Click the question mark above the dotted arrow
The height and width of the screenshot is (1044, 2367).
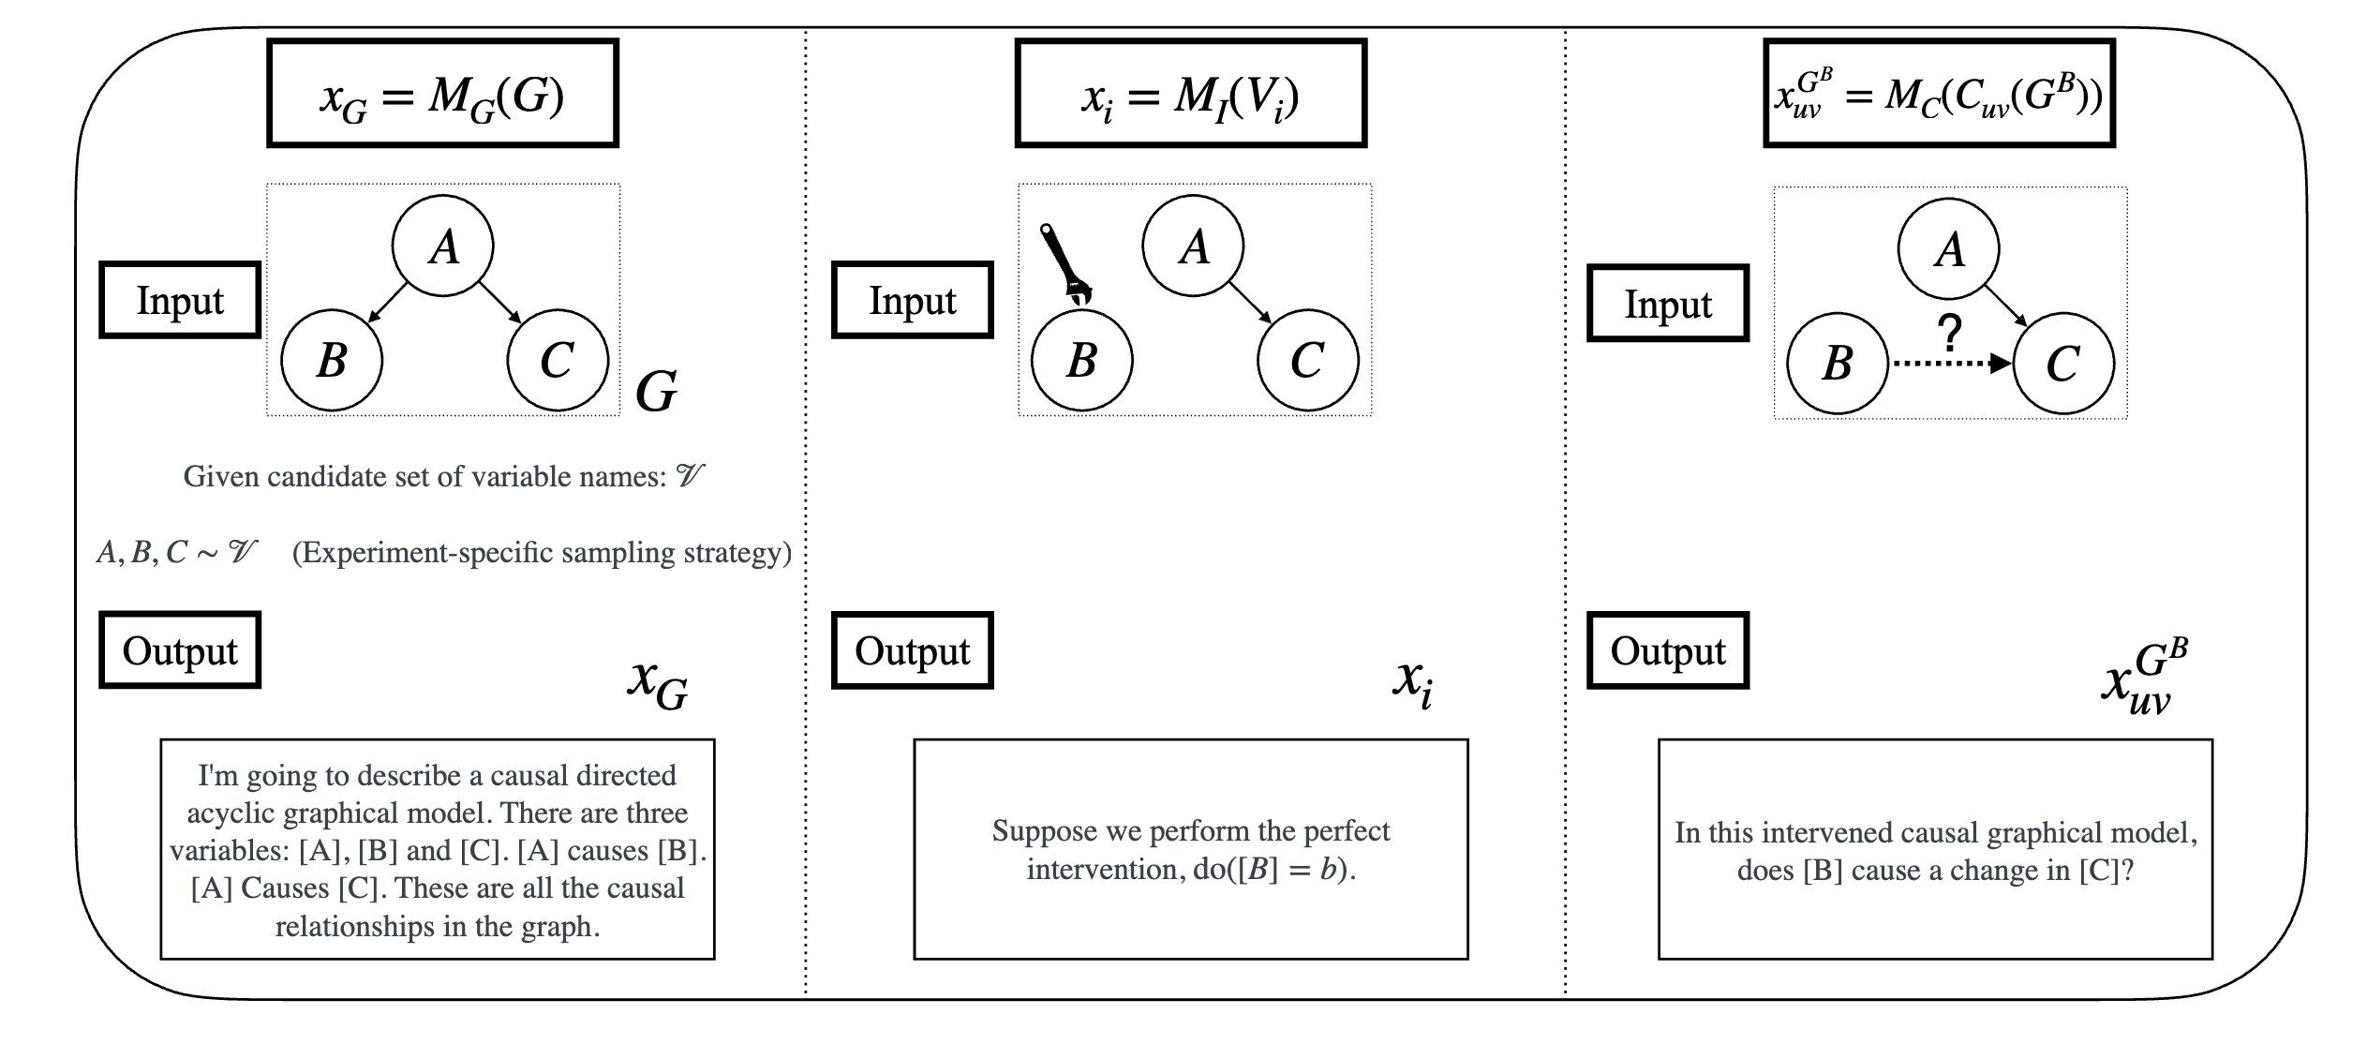[1949, 333]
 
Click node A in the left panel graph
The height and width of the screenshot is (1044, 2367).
[443, 246]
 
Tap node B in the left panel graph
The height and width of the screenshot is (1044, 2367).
[332, 361]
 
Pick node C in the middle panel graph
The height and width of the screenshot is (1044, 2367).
[1307, 361]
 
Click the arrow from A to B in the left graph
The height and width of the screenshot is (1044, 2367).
[389, 303]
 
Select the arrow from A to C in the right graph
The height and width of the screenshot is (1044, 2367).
[2005, 306]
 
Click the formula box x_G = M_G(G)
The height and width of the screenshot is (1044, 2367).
[442, 94]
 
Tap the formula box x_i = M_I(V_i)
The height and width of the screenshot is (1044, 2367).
[1190, 94]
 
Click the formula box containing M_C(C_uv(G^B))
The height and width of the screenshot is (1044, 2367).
[1939, 94]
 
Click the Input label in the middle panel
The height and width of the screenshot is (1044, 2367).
[912, 300]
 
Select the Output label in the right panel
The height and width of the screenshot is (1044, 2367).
[1667, 650]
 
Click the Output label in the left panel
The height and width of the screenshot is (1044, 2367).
[180, 650]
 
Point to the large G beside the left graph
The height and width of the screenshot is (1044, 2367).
[656, 391]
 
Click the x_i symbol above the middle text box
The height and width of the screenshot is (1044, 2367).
[1411, 681]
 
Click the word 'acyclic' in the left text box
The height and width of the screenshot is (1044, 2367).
[230, 813]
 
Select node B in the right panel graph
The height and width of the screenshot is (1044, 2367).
[1837, 364]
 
